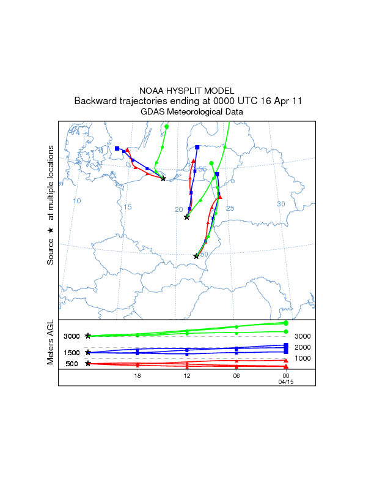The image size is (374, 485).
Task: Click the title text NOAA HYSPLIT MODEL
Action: click(x=186, y=90)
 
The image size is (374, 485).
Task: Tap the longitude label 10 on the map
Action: click(x=77, y=201)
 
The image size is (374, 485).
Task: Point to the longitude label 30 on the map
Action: click(x=281, y=204)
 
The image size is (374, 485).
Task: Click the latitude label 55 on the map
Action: click(x=202, y=169)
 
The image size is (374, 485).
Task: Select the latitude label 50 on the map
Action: click(x=204, y=254)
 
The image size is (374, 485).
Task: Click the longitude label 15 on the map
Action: click(x=127, y=207)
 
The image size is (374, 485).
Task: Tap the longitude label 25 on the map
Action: click(x=230, y=209)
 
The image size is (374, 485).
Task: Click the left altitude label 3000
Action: click(x=71, y=336)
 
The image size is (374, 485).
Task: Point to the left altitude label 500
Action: click(x=71, y=364)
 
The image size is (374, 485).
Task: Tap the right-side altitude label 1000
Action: click(x=303, y=358)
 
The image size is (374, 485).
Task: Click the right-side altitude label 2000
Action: click(x=303, y=347)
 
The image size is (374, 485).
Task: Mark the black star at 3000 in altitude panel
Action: click(x=88, y=336)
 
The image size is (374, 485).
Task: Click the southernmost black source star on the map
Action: click(x=196, y=257)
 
